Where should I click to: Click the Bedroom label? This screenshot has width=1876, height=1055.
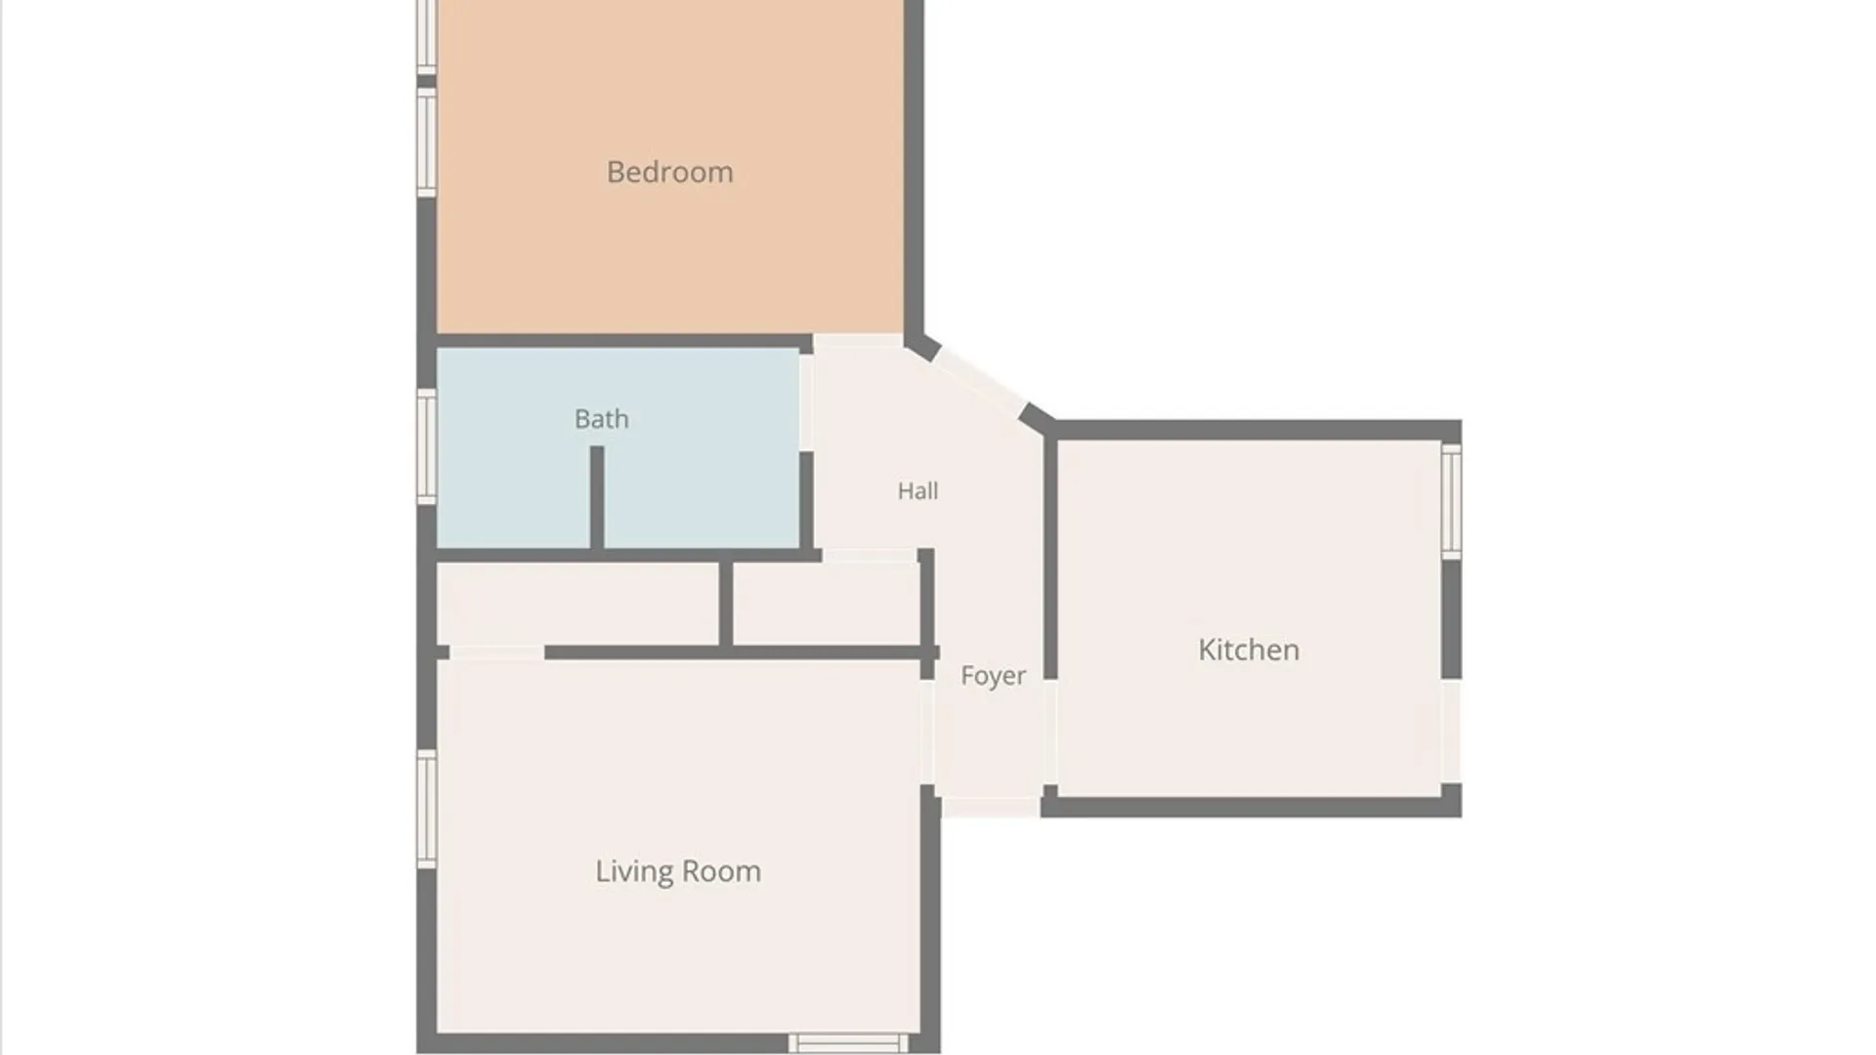click(x=669, y=172)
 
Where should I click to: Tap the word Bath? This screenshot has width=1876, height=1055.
click(x=601, y=419)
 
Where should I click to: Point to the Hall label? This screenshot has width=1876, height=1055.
click(x=917, y=490)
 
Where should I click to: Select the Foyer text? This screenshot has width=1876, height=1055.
click(x=993, y=676)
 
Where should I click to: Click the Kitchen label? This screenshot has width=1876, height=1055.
click(x=1249, y=650)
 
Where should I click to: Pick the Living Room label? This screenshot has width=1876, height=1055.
click(x=678, y=871)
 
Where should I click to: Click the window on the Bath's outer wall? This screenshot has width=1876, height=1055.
click(x=426, y=446)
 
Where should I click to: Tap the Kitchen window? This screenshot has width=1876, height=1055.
click(x=1452, y=501)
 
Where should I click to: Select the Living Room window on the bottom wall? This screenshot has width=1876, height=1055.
click(x=848, y=1043)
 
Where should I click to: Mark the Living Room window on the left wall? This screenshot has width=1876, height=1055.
click(x=426, y=808)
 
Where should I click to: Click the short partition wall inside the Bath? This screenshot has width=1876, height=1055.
click(x=597, y=497)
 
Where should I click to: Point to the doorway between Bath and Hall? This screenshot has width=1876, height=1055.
click(x=806, y=401)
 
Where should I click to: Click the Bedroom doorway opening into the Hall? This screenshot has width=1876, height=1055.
click(x=858, y=341)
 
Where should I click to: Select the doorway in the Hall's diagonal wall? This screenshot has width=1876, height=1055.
click(x=980, y=379)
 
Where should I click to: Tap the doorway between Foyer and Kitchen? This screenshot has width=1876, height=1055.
click(x=1050, y=732)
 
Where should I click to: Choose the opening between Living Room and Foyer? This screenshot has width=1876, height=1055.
click(x=927, y=732)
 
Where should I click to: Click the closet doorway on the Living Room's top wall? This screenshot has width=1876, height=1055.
click(x=496, y=653)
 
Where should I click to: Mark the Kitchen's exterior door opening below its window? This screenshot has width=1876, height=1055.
click(x=1452, y=731)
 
